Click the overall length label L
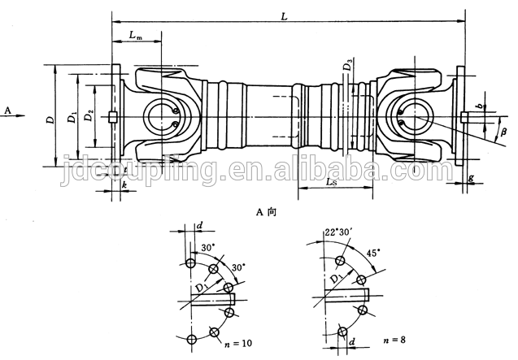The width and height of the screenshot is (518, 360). pyautogui.click(x=284, y=16)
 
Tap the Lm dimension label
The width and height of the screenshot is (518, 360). pyautogui.click(x=136, y=35)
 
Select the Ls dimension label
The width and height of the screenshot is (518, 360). pyautogui.click(x=331, y=181)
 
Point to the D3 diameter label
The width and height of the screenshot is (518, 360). pyautogui.click(x=347, y=64)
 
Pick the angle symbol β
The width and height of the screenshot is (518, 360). pyautogui.click(x=503, y=132)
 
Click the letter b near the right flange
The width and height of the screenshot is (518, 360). pyautogui.click(x=482, y=106)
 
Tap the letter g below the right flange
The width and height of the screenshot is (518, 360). pyautogui.click(x=471, y=178)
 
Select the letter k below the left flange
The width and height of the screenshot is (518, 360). pyautogui.click(x=124, y=185)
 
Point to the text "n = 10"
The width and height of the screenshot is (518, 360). pyautogui.click(x=237, y=344)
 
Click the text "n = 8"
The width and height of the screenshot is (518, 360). pyautogui.click(x=394, y=340)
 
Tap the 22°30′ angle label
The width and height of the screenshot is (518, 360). pyautogui.click(x=337, y=232)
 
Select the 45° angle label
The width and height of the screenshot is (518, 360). pyautogui.click(x=373, y=253)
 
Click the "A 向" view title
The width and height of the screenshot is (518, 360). pyautogui.click(x=266, y=212)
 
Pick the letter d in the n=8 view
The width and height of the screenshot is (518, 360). pyautogui.click(x=352, y=341)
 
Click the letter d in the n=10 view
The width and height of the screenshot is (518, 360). pyautogui.click(x=199, y=226)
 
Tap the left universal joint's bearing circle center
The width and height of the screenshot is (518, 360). pyautogui.click(x=162, y=116)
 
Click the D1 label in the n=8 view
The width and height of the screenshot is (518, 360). pyautogui.click(x=337, y=277)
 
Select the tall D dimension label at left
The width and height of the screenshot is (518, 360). pyautogui.click(x=50, y=119)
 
